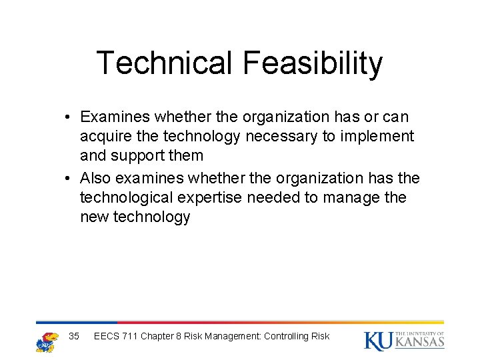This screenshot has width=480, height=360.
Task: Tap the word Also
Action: point(95,178)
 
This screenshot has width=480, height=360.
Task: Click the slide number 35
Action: point(74,336)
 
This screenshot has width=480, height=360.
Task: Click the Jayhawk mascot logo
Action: point(47,341)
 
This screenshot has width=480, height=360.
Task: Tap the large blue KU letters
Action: point(378,341)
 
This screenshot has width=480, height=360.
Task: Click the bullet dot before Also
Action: point(69,179)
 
